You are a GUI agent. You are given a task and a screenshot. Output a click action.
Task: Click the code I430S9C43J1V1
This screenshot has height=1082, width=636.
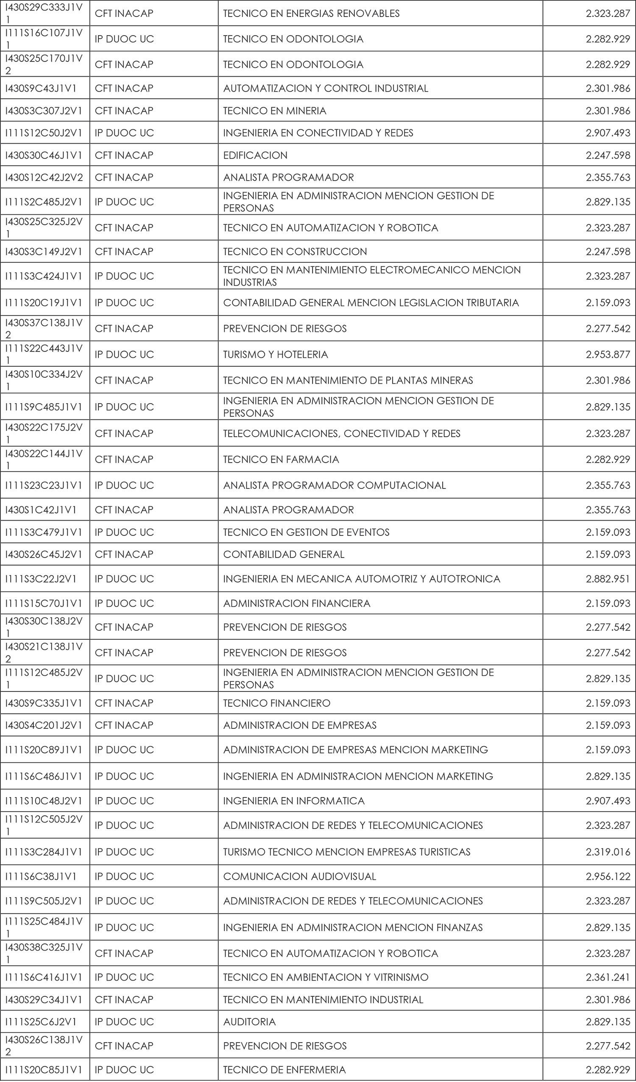[41, 89]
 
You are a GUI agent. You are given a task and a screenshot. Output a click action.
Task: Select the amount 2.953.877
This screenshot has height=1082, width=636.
[608, 354]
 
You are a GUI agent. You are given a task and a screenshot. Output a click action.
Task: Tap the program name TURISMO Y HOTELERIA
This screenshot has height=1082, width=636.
[275, 354]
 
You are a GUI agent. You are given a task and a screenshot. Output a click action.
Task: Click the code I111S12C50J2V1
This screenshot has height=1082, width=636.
[43, 133]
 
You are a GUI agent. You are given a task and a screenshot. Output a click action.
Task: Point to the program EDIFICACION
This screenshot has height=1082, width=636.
[255, 156]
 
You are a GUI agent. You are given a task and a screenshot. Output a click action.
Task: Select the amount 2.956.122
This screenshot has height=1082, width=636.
[608, 877]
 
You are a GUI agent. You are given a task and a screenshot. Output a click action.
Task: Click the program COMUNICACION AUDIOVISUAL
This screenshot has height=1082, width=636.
[299, 877]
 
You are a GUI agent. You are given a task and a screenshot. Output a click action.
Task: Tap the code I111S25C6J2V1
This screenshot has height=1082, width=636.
[41, 1022]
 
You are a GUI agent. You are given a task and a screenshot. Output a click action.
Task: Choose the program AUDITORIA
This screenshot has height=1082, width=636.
[249, 1022]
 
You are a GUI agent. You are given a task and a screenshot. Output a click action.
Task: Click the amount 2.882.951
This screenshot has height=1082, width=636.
[608, 579]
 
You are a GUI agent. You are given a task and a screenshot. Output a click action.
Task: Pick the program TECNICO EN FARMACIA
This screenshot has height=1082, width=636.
[281, 460]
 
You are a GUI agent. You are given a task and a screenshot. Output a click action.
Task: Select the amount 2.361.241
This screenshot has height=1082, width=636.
[608, 977]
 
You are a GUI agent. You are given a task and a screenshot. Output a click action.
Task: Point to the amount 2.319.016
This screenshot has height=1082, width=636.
[608, 852]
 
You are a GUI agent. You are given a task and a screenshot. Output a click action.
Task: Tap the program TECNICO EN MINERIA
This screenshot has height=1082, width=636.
[274, 111]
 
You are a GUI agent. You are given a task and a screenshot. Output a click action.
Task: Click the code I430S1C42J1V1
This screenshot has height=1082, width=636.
[41, 510]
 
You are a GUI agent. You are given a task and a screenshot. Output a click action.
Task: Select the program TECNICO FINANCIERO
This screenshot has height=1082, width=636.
[276, 703]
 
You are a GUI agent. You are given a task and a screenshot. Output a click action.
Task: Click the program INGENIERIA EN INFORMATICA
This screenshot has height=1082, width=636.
[294, 801]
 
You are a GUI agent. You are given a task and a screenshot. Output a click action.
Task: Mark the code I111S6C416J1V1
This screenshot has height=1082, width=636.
[43, 977]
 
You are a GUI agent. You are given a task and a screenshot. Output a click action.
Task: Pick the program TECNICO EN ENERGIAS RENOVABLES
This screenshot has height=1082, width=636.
[311, 14]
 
